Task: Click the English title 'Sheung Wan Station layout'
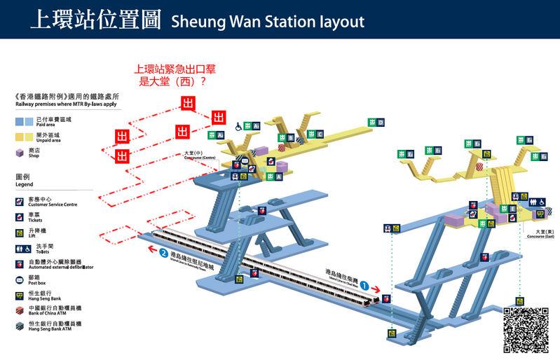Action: pyautogui.click(x=267, y=21)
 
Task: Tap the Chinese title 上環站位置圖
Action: pyautogui.click(x=95, y=20)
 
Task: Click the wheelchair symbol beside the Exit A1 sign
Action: pyautogui.click(x=239, y=127)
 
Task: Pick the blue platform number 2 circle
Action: pyautogui.click(x=163, y=253)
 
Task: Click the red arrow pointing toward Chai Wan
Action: pyautogui.click(x=376, y=289)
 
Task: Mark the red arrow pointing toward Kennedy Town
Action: pyautogui.click(x=151, y=247)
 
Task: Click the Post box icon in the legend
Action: pyautogui.click(x=20, y=279)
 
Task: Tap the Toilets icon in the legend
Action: pyautogui.click(x=20, y=249)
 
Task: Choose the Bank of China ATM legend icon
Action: pyautogui.click(x=20, y=309)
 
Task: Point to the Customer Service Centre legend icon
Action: pyautogui.click(x=20, y=202)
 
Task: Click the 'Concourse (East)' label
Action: pyautogui.click(x=540, y=235)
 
